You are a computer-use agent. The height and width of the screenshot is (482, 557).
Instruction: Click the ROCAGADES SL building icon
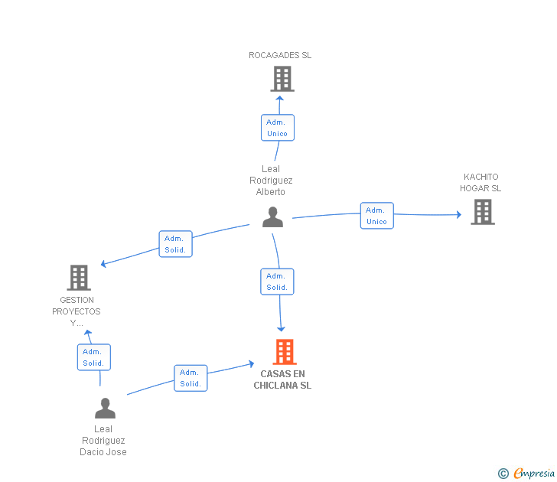tap(282, 78)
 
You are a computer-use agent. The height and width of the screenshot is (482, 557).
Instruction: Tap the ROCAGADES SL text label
tap(280, 55)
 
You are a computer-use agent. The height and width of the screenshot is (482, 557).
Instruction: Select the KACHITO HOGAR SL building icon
tap(482, 212)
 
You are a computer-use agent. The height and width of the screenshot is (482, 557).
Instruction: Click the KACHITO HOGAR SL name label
tap(480, 183)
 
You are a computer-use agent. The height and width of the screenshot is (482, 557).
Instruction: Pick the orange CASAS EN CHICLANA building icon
tap(284, 352)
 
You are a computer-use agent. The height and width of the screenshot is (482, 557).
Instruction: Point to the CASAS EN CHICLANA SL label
tap(282, 379)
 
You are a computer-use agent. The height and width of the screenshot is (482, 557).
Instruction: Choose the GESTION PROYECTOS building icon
tap(79, 278)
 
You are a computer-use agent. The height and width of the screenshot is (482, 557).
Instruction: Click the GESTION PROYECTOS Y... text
tap(77, 311)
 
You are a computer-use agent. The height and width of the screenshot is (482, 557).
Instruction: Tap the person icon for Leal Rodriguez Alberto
tap(272, 217)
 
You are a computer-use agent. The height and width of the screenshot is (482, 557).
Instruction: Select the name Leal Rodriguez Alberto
tap(271, 181)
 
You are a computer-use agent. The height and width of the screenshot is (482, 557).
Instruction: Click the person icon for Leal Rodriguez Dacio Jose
tap(105, 408)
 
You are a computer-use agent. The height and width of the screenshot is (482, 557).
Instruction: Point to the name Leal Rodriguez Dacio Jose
tap(103, 441)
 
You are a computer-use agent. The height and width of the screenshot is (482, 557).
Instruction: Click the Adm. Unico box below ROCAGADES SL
tap(277, 128)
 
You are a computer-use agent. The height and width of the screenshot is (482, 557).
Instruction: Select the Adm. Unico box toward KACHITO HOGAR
tap(376, 216)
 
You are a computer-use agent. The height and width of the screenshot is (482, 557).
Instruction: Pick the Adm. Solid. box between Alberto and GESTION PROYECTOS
tap(176, 244)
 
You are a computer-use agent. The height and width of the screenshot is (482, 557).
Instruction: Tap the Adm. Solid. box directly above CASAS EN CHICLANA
tap(277, 282)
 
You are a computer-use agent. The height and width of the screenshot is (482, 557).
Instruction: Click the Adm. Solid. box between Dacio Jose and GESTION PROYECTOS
tap(93, 357)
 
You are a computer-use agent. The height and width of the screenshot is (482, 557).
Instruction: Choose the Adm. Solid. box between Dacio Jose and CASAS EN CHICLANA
tap(191, 378)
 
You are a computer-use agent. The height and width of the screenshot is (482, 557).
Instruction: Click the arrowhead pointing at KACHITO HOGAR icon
tap(458, 215)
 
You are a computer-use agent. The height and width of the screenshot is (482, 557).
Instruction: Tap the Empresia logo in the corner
tap(526, 474)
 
